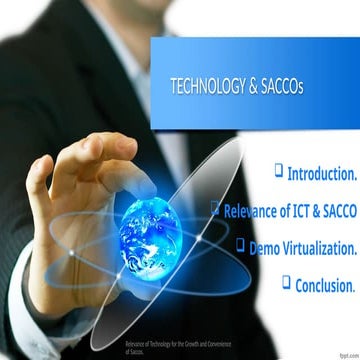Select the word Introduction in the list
tap(321, 174)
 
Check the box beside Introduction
tap(278, 172)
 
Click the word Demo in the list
tap(267, 246)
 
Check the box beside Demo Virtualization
tap(241, 243)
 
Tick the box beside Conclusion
tap(286, 281)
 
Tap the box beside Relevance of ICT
tap(215, 208)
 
